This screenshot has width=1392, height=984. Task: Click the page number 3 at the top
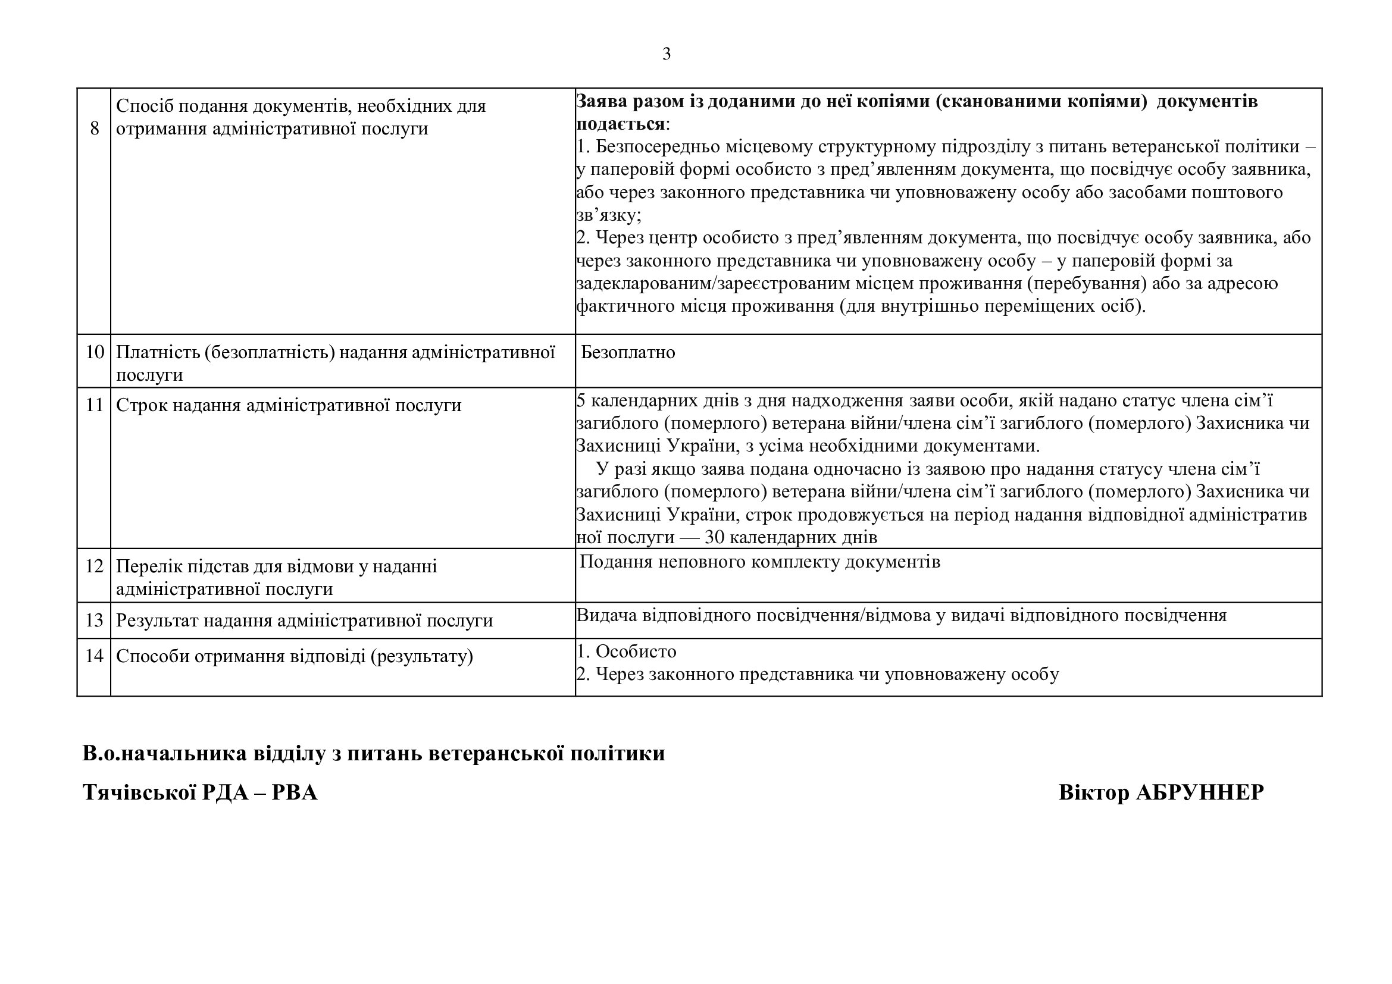point(667,55)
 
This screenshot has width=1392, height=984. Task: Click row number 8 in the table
point(95,129)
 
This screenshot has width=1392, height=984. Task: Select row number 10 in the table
point(95,352)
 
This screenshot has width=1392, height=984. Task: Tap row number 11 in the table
point(95,405)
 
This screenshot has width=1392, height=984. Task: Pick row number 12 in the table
point(95,566)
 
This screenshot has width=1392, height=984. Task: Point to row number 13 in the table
point(95,621)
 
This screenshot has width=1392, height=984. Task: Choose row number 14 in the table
point(95,656)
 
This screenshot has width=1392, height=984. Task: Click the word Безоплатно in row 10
point(627,353)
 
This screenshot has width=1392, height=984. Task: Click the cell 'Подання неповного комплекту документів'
point(759,562)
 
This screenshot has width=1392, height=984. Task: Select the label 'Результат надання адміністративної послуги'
point(304,621)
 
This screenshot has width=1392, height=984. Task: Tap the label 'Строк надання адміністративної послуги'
point(289,405)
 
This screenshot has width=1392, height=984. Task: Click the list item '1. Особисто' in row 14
point(627,651)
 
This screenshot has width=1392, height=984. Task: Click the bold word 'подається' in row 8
point(620,124)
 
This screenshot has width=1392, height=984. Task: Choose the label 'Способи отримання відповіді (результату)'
point(294,656)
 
